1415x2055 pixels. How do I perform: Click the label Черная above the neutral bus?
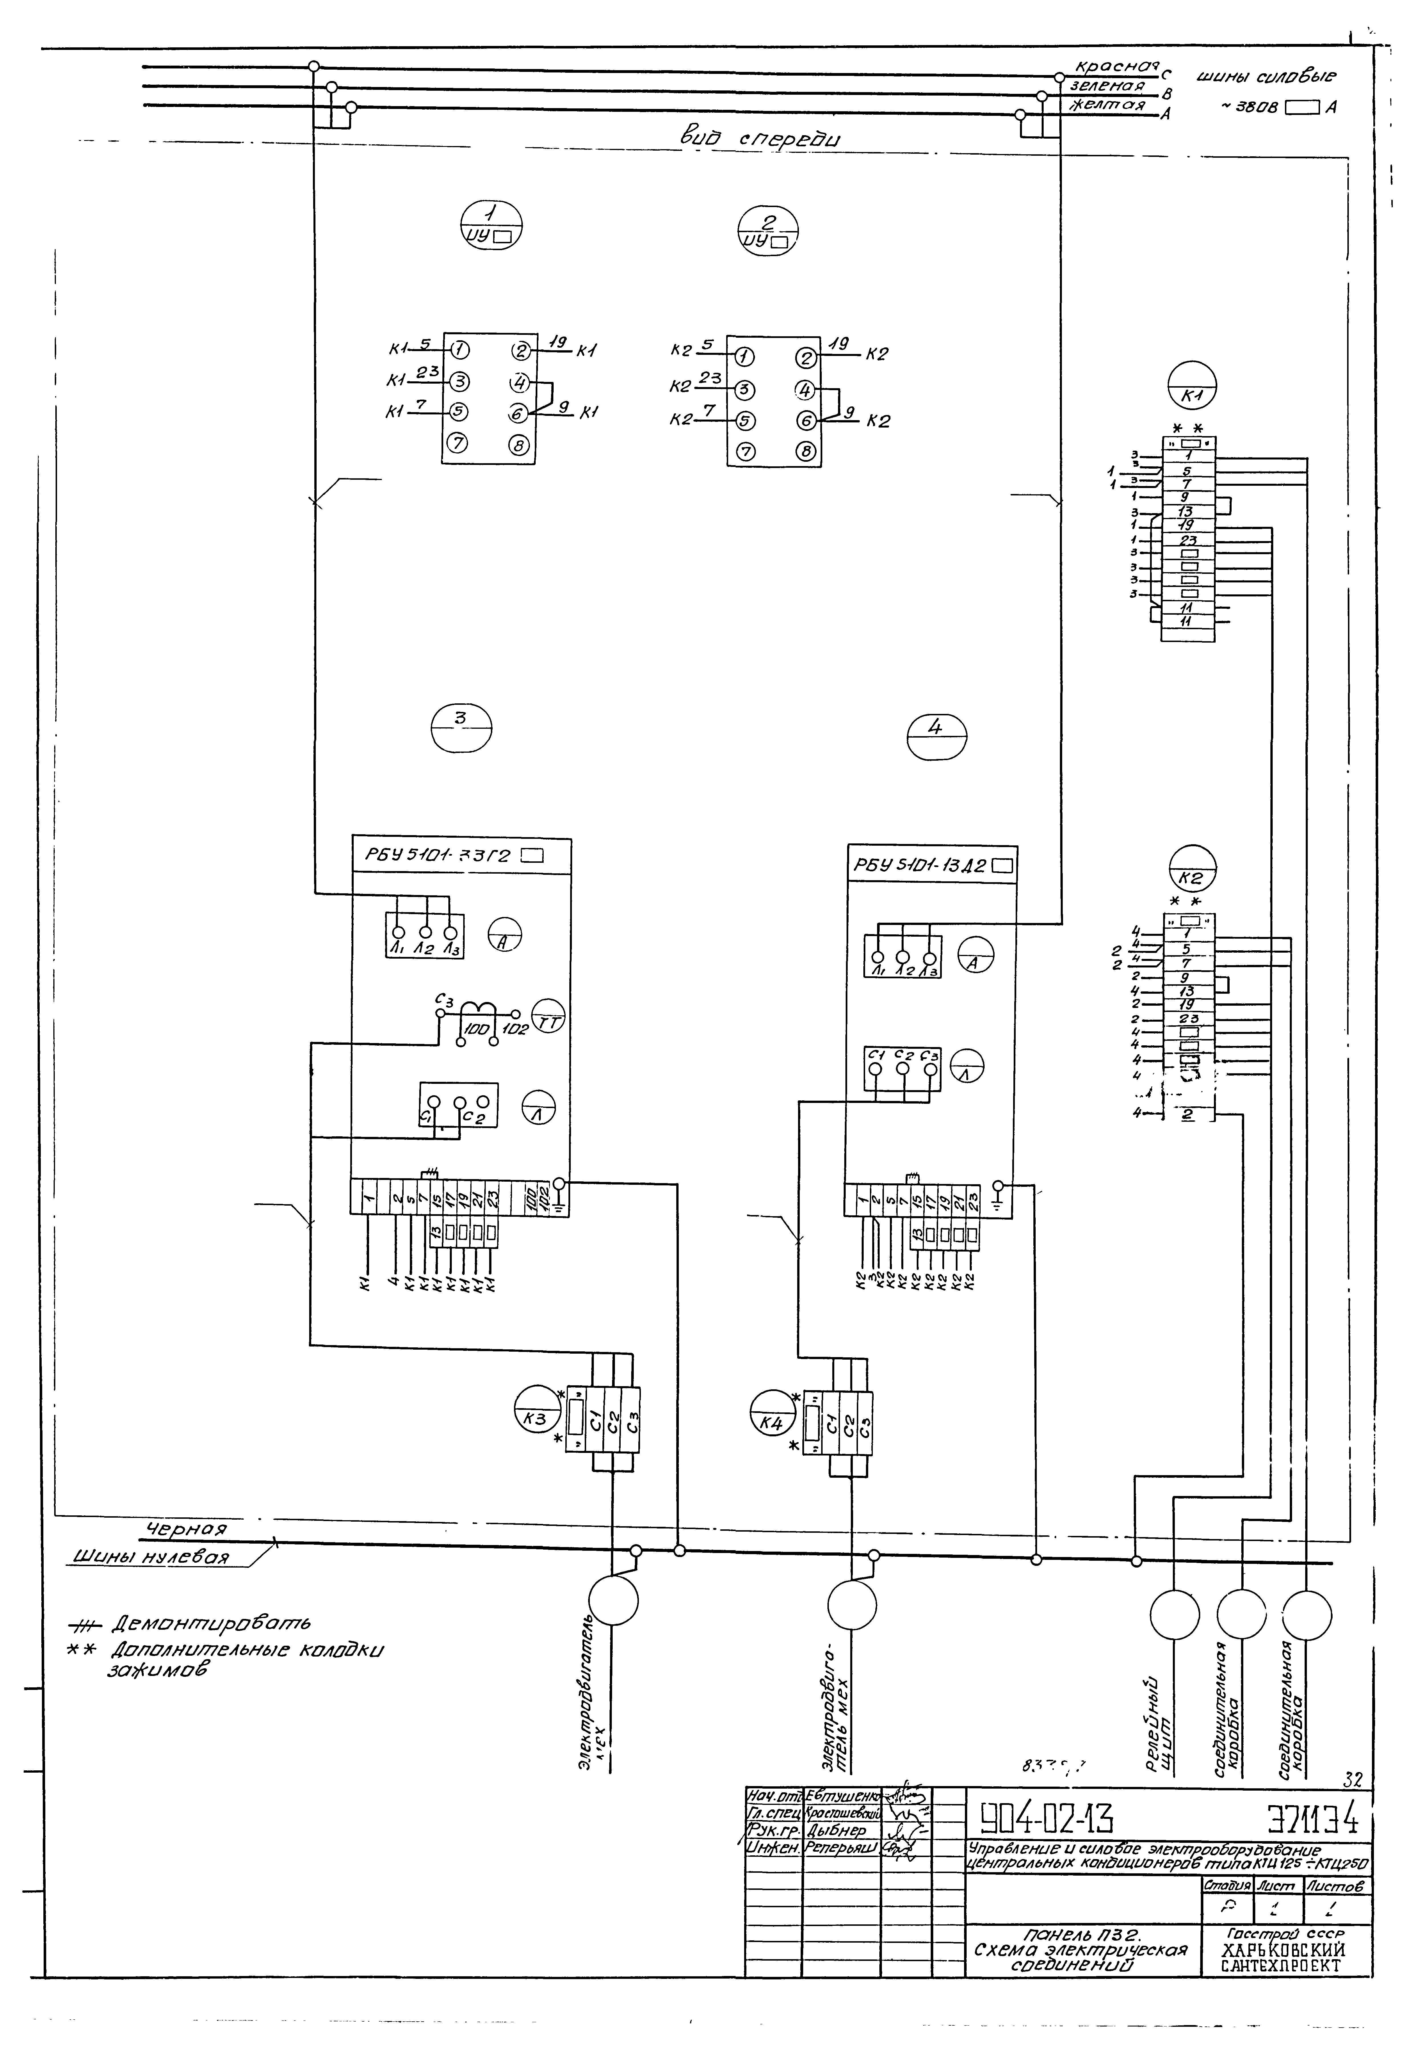coord(186,1529)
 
